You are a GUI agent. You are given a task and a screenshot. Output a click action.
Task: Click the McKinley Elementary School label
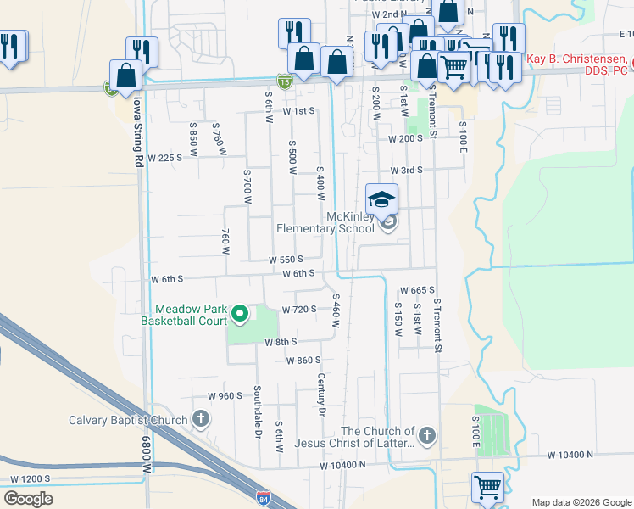[326, 222]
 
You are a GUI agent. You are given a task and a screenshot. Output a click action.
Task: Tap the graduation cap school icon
[382, 199]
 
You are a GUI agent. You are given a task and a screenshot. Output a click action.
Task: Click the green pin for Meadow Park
[240, 315]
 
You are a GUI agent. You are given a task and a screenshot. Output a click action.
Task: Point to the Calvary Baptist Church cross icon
[201, 419]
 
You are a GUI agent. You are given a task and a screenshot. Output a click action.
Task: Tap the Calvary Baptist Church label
[128, 420]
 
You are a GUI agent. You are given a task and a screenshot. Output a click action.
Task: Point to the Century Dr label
[321, 394]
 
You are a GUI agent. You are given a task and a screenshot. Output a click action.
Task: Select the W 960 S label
[225, 396]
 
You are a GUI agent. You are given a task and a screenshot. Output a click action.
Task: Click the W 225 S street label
[165, 158]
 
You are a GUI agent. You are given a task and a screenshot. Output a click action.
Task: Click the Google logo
[28, 499]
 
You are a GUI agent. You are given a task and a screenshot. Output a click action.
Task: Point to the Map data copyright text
[581, 501]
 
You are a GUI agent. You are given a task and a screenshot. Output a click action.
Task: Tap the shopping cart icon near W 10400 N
[488, 487]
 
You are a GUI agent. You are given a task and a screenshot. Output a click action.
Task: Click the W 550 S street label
[286, 260]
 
